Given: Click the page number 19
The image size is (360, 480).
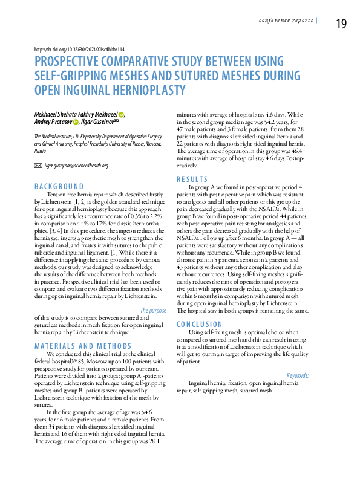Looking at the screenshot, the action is pos(341,24).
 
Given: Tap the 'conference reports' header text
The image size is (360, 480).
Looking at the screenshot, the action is pos(286,20).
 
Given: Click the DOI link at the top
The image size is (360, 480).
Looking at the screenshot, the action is pos(80,49).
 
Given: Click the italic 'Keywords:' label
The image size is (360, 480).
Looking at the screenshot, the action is pos(297,375).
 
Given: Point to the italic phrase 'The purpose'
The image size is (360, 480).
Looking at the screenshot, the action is pos(153,311).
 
